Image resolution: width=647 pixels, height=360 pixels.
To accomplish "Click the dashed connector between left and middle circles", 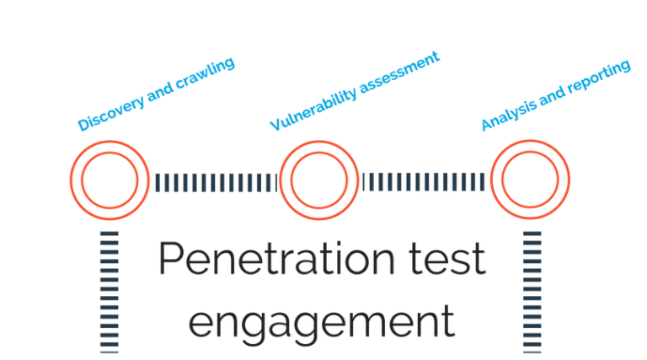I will (x=216, y=180).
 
